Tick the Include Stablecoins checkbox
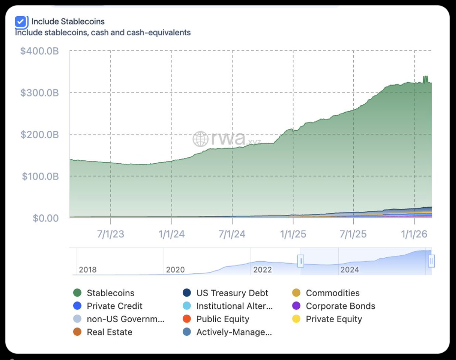pyautogui.click(x=21, y=22)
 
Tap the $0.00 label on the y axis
pyautogui.click(x=46, y=218)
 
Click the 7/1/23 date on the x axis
pyautogui.click(x=111, y=234)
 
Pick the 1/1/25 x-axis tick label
pyautogui.click(x=293, y=234)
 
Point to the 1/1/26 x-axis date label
pyautogui.click(x=415, y=234)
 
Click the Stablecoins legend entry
pyautogui.click(x=110, y=293)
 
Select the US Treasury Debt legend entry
pyautogui.click(x=232, y=293)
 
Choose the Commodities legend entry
pyautogui.click(x=332, y=293)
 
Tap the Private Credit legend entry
pyautogui.click(x=114, y=306)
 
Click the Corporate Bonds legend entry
pyautogui.click(x=340, y=306)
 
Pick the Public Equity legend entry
pyautogui.click(x=223, y=319)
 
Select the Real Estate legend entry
pyautogui.click(x=109, y=332)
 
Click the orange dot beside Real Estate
pyautogui.click(x=77, y=332)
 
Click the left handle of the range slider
pyautogui.click(x=301, y=261)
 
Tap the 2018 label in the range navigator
pyautogui.click(x=88, y=270)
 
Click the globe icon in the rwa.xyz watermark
pyautogui.click(x=200, y=139)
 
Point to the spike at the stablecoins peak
pyautogui.click(x=426, y=79)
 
